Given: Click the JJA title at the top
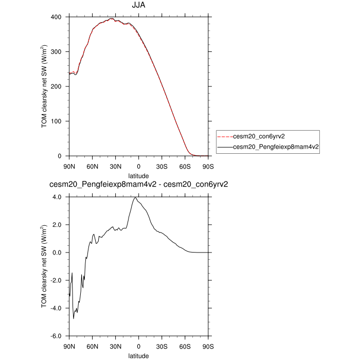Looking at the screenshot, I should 138,6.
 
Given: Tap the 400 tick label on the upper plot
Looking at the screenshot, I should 57,17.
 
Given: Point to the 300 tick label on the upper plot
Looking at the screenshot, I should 57,52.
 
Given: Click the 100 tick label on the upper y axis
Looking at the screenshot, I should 57,121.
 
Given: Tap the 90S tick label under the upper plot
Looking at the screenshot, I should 208,166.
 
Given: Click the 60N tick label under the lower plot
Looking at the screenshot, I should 93,346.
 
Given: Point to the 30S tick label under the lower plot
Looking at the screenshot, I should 162,346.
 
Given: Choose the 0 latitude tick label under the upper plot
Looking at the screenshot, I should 138,166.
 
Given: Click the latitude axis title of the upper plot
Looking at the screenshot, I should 138,175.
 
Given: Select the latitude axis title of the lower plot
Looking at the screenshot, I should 138,355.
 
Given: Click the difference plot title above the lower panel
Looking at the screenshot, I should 138,185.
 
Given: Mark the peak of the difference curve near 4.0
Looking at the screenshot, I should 135,197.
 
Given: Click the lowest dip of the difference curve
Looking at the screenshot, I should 74,319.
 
